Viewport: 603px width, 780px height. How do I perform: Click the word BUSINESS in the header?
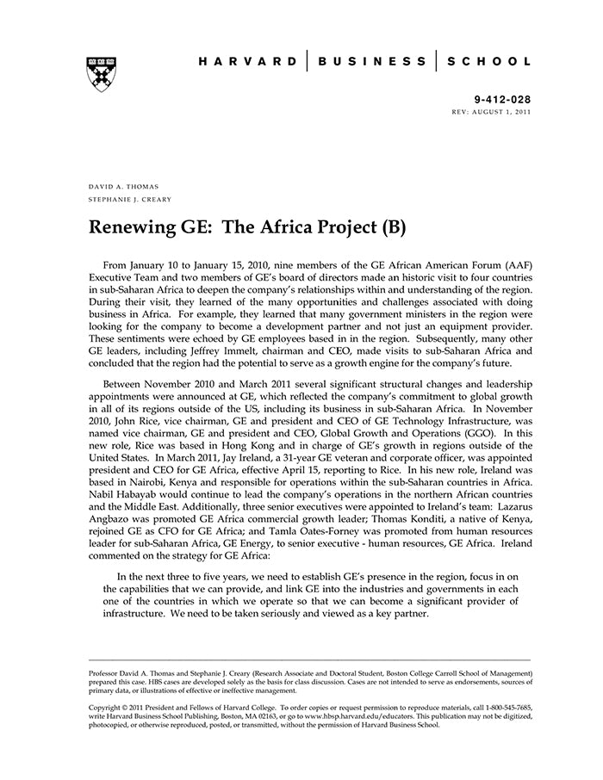point(371,62)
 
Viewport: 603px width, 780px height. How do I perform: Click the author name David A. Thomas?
point(123,187)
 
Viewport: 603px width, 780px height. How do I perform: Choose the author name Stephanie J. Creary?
point(130,200)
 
